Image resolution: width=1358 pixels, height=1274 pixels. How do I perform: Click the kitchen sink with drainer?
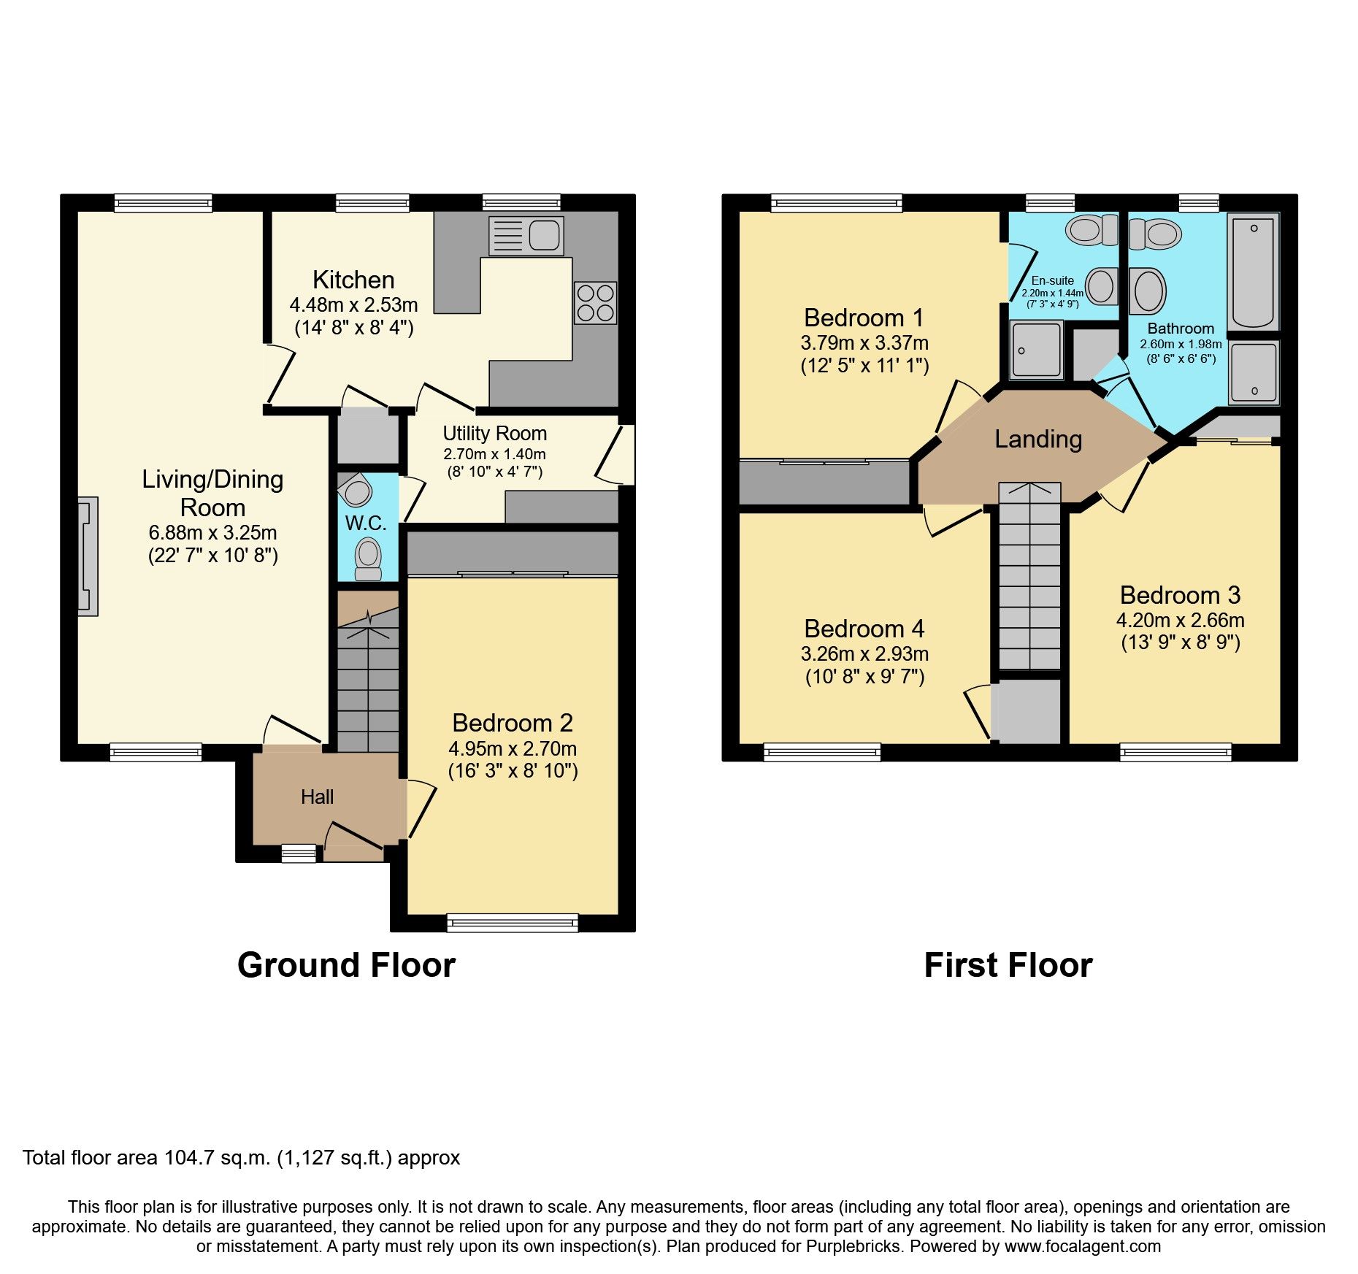point(526,235)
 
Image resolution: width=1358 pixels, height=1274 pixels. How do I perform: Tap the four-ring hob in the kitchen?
point(595,302)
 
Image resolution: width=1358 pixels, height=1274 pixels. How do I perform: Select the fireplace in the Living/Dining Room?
point(88,556)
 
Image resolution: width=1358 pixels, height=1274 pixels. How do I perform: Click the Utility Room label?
point(494,434)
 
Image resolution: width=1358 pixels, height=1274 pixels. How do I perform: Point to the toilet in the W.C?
point(367,559)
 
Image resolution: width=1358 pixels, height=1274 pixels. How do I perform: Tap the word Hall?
point(317,797)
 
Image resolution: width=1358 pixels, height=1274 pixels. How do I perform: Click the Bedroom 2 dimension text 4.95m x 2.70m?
point(513,749)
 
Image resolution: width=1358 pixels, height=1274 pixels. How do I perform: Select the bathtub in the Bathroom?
point(1253,272)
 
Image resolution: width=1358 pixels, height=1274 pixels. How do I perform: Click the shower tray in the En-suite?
point(1036,350)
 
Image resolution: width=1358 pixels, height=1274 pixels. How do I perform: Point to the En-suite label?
point(1052,280)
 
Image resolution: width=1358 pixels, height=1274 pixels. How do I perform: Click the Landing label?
point(1037,440)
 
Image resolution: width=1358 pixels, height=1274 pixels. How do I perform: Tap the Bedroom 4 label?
point(864,629)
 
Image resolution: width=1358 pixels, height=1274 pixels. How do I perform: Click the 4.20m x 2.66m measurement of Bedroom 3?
point(1180,621)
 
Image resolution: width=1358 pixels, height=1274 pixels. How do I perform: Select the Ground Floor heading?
point(346,965)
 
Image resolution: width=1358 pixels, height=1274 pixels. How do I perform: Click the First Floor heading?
point(1008,965)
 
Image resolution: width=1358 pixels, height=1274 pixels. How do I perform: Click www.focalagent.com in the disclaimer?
point(1082,1246)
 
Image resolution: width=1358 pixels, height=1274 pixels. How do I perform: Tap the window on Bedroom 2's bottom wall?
point(513,923)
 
